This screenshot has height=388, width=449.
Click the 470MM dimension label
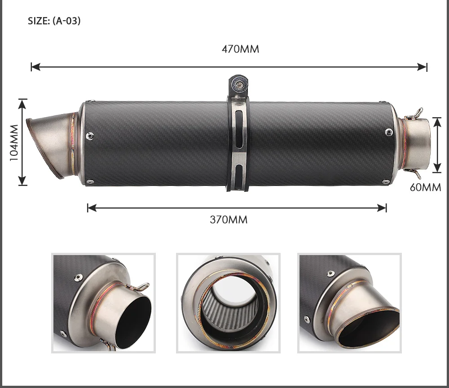point(240,49)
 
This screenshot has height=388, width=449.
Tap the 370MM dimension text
point(229,220)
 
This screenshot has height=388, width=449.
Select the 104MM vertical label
point(14,143)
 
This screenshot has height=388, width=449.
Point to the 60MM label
point(425,187)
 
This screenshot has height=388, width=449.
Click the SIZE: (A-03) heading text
point(54,21)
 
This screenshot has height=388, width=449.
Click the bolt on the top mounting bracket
point(238,84)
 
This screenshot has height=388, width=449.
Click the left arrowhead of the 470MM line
point(35,67)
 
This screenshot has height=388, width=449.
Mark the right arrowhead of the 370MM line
point(382,208)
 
